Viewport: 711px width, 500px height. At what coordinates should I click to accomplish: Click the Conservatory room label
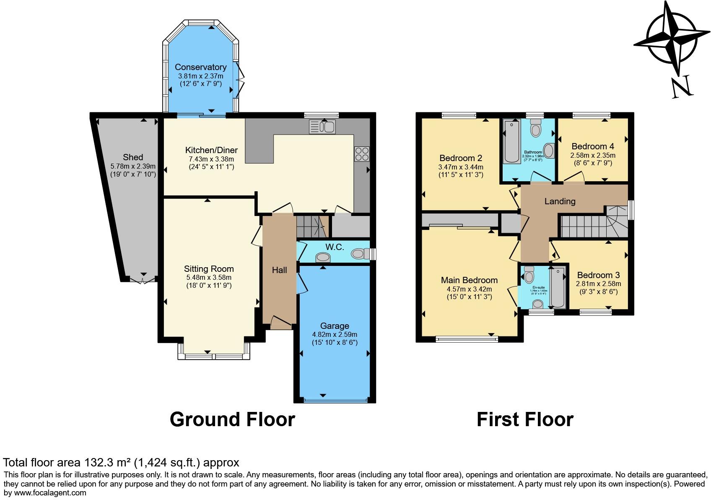[200, 67]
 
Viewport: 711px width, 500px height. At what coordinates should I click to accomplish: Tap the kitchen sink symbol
[322, 127]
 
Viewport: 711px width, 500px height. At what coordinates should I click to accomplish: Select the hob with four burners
[361, 154]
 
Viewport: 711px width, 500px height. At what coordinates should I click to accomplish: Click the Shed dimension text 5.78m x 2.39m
[133, 166]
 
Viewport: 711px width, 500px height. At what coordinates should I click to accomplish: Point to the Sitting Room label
[209, 269]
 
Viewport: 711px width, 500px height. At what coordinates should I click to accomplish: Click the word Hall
[279, 270]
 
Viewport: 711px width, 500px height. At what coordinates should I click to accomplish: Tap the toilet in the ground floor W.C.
[359, 253]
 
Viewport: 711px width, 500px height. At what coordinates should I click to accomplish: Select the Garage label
[334, 326]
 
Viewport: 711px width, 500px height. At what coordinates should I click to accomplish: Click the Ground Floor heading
[232, 419]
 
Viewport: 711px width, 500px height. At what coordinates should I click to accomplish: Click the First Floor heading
[525, 419]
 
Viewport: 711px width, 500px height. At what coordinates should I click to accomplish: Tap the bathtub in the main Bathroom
[512, 141]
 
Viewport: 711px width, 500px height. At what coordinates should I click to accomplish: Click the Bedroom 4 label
[592, 146]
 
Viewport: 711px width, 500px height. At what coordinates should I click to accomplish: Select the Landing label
[560, 201]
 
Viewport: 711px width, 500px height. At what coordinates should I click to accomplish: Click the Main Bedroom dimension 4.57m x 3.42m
[469, 289]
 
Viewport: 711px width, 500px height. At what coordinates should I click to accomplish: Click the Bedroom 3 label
[598, 275]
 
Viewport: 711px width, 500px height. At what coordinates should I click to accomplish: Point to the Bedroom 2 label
[461, 158]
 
